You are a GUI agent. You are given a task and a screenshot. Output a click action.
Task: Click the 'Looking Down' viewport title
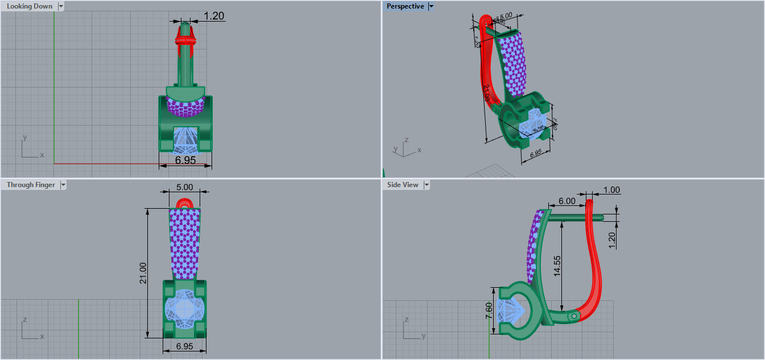tap(29, 6)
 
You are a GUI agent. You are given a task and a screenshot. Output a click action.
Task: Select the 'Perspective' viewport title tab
tap(405, 6)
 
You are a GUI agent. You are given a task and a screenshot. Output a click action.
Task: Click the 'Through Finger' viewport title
tap(31, 185)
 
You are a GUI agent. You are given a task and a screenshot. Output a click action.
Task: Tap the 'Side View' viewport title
tap(402, 185)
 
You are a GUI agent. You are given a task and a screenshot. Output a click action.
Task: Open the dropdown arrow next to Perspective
tap(431, 6)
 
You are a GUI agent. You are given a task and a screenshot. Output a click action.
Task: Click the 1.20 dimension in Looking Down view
tap(213, 16)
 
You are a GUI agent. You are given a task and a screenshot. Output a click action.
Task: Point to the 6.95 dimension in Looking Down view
tap(185, 160)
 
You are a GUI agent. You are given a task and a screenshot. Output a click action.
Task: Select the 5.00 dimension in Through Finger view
tap(185, 187)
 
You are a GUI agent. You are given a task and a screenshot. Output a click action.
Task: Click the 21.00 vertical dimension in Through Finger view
tap(143, 273)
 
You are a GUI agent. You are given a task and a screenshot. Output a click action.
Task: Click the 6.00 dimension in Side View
tap(566, 201)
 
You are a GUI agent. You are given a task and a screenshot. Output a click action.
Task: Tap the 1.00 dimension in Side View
tap(612, 190)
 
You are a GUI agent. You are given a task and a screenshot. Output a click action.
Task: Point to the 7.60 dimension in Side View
tap(490, 311)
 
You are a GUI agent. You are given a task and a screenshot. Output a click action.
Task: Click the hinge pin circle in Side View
tap(574, 315)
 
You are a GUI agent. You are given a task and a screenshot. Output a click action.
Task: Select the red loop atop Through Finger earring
tap(185, 202)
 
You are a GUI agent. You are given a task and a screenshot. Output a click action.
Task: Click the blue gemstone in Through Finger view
tap(185, 308)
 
